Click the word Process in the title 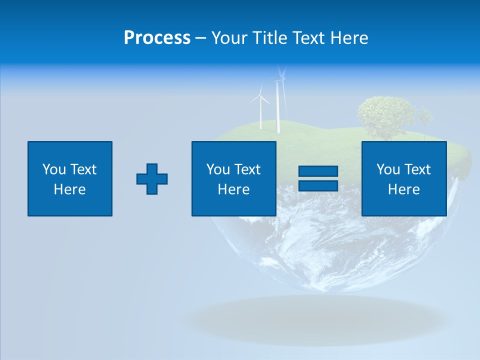coord(157,38)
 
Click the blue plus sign coord(152,179)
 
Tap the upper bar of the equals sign coord(318,171)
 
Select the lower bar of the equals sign coord(318,185)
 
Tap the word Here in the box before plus coord(70,189)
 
